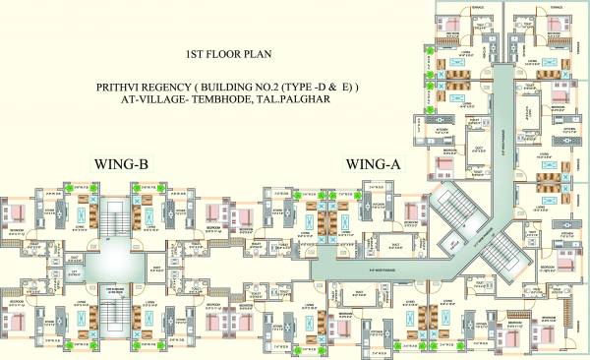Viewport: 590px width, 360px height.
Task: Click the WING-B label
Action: tap(121, 164)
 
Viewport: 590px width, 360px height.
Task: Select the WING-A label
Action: tap(373, 164)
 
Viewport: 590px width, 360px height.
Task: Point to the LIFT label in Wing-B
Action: tap(73, 272)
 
